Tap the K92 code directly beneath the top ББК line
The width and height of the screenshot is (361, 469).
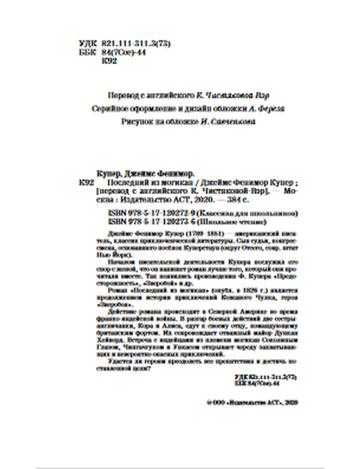point(110,61)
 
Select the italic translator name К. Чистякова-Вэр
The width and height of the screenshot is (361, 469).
point(233,96)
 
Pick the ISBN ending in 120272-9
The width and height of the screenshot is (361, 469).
point(153,213)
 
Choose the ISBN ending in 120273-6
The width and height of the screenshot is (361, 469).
point(153,221)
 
